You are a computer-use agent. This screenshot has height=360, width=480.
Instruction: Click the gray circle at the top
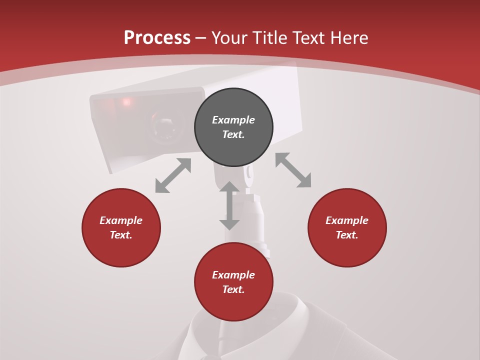pyautogui.click(x=233, y=127)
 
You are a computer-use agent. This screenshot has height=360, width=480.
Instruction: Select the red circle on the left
pyautogui.click(x=121, y=227)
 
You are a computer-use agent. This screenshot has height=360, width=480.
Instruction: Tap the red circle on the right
pyautogui.click(x=347, y=227)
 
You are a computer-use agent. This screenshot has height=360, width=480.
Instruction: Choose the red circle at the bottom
pyautogui.click(x=233, y=282)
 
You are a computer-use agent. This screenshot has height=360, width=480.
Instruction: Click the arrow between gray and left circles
pyautogui.click(x=173, y=175)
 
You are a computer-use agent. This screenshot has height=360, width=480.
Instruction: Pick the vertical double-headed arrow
pyautogui.click(x=229, y=205)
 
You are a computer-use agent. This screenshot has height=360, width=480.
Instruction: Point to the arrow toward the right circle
pyautogui.click(x=293, y=170)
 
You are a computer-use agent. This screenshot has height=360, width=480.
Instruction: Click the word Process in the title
pyautogui.click(x=157, y=37)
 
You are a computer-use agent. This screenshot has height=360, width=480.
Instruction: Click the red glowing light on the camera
pyautogui.click(x=126, y=102)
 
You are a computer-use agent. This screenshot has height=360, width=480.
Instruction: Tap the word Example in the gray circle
pyautogui.click(x=233, y=120)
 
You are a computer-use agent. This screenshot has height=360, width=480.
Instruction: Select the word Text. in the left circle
pyautogui.click(x=121, y=235)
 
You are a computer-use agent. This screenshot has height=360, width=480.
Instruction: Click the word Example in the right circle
pyautogui.click(x=347, y=220)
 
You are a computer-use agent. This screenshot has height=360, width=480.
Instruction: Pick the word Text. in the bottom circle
pyautogui.click(x=233, y=289)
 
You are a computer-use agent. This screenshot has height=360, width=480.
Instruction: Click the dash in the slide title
pyautogui.click(x=201, y=37)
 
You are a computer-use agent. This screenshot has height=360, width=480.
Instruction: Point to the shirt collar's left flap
pyautogui.click(x=200, y=330)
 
